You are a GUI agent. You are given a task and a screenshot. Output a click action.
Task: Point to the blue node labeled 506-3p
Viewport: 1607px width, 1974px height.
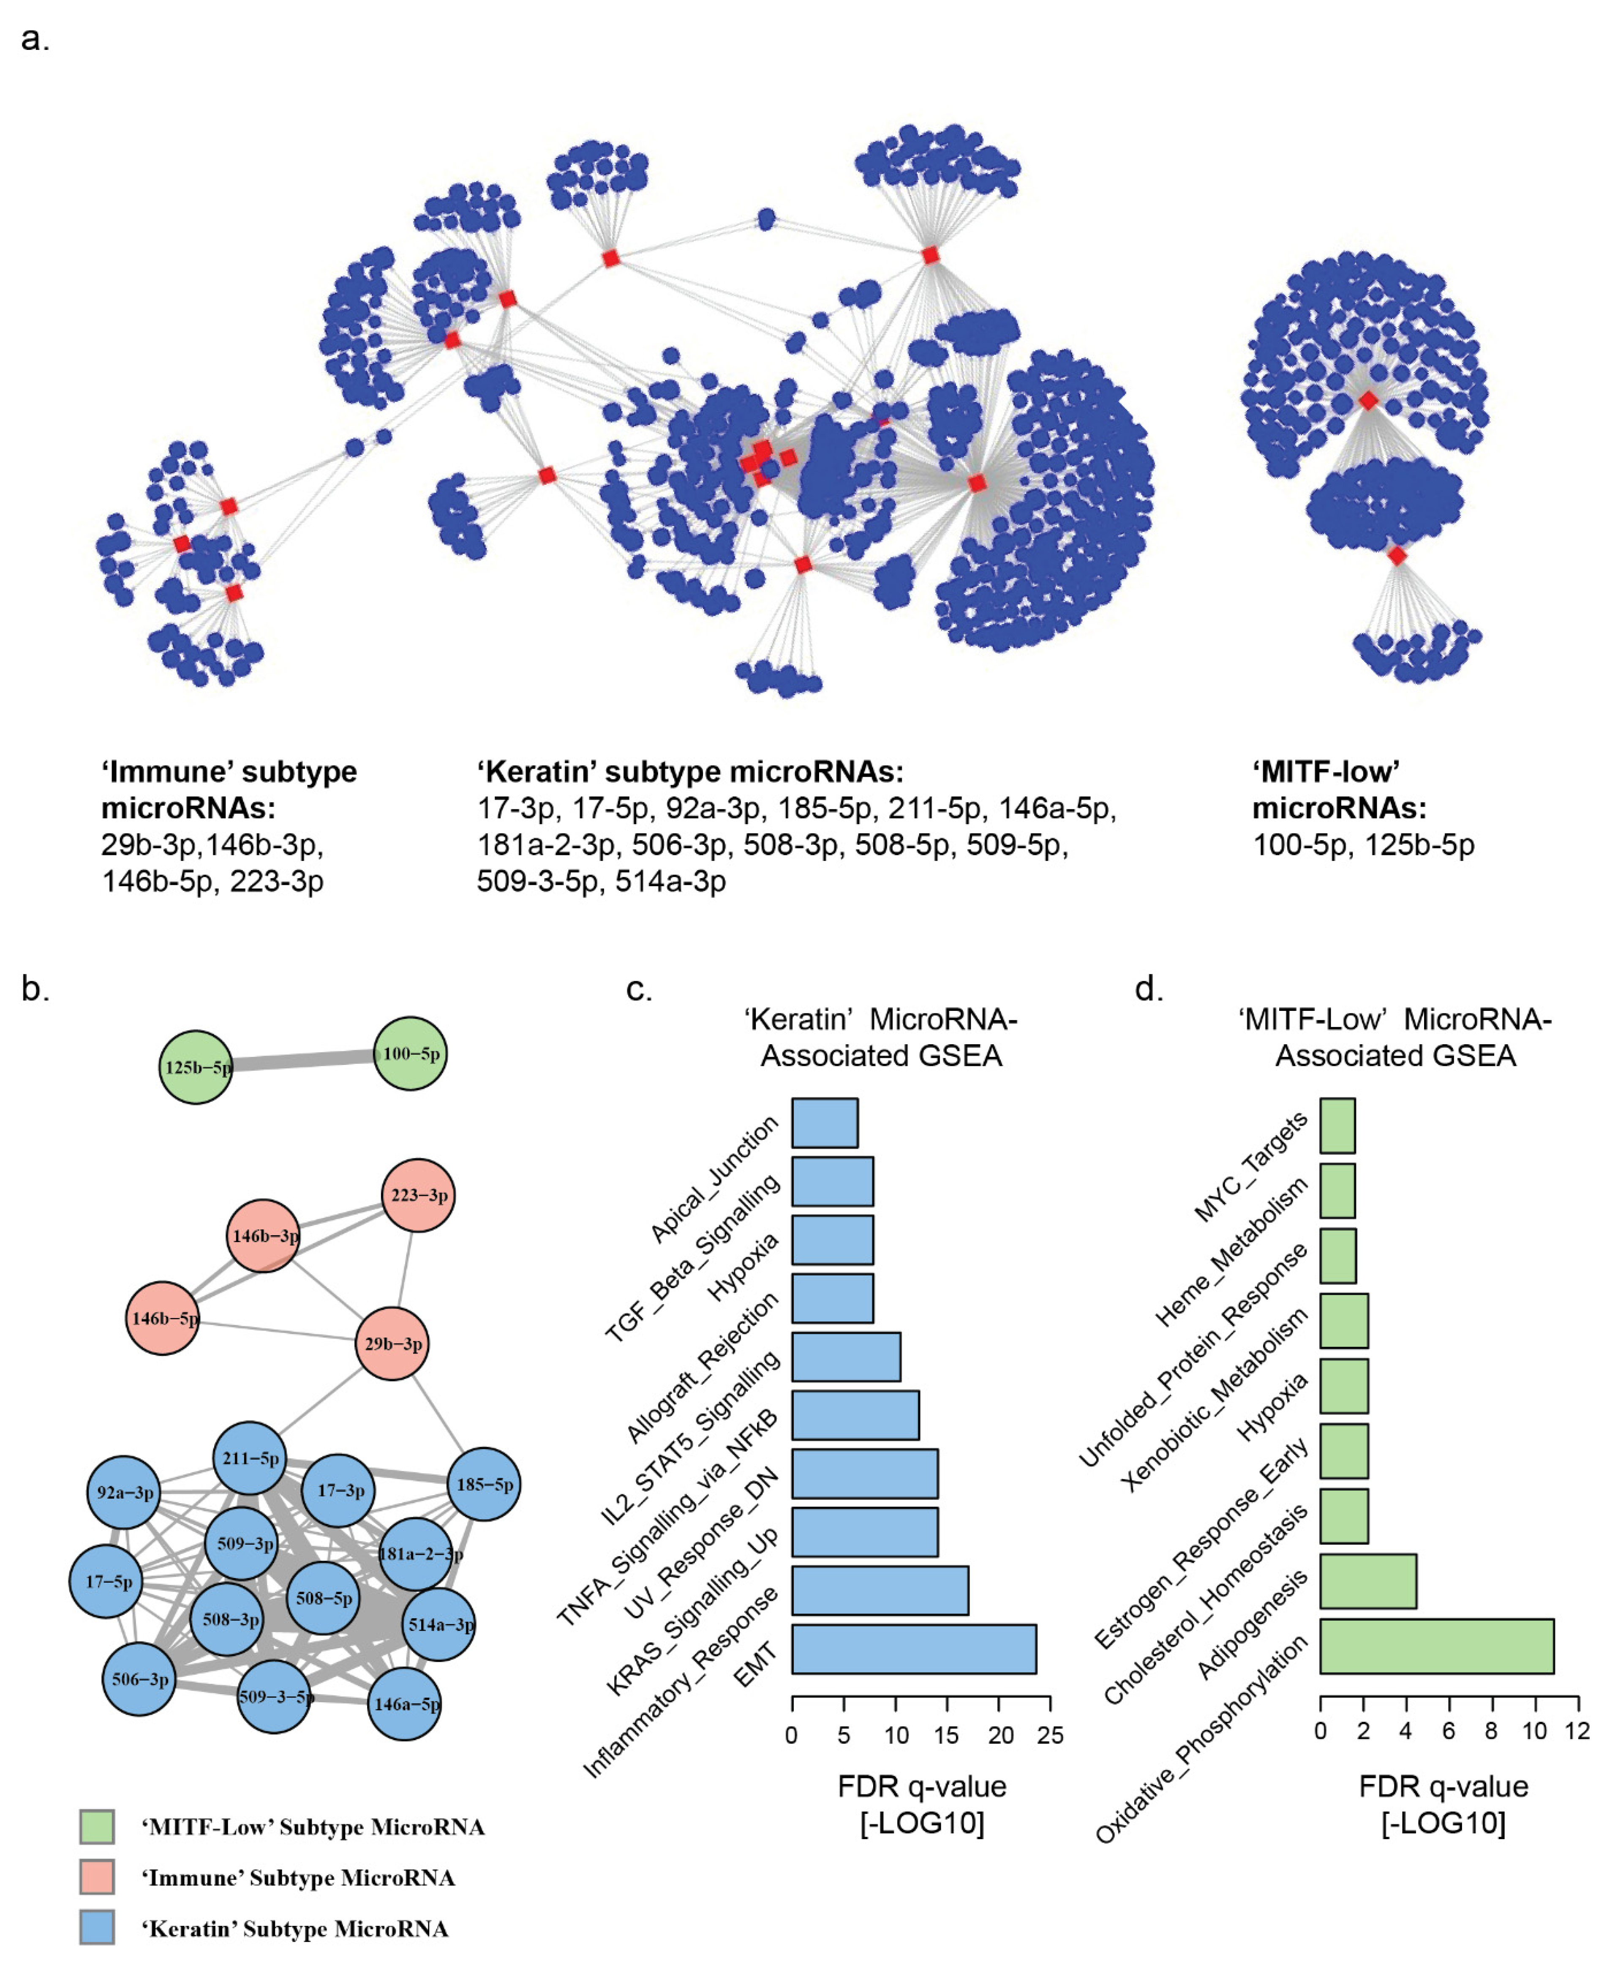pos(139,1679)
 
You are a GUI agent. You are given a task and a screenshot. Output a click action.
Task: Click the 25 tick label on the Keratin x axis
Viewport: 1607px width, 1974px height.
pos(1050,1735)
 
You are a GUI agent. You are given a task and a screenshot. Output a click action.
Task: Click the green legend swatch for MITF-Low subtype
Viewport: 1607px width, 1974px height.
pos(97,1827)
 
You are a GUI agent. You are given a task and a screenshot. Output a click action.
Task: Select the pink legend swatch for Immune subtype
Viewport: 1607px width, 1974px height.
pos(97,1878)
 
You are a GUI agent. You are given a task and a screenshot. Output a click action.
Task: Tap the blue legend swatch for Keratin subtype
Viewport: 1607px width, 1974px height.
pos(97,1929)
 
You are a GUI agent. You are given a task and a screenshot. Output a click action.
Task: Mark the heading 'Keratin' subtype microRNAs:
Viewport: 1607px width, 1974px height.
pos(689,771)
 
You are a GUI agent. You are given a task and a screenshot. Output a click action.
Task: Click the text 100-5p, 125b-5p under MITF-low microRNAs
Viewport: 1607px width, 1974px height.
pos(1363,844)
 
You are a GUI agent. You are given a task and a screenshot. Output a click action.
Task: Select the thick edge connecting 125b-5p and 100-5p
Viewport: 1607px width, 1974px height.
pos(303,1060)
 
